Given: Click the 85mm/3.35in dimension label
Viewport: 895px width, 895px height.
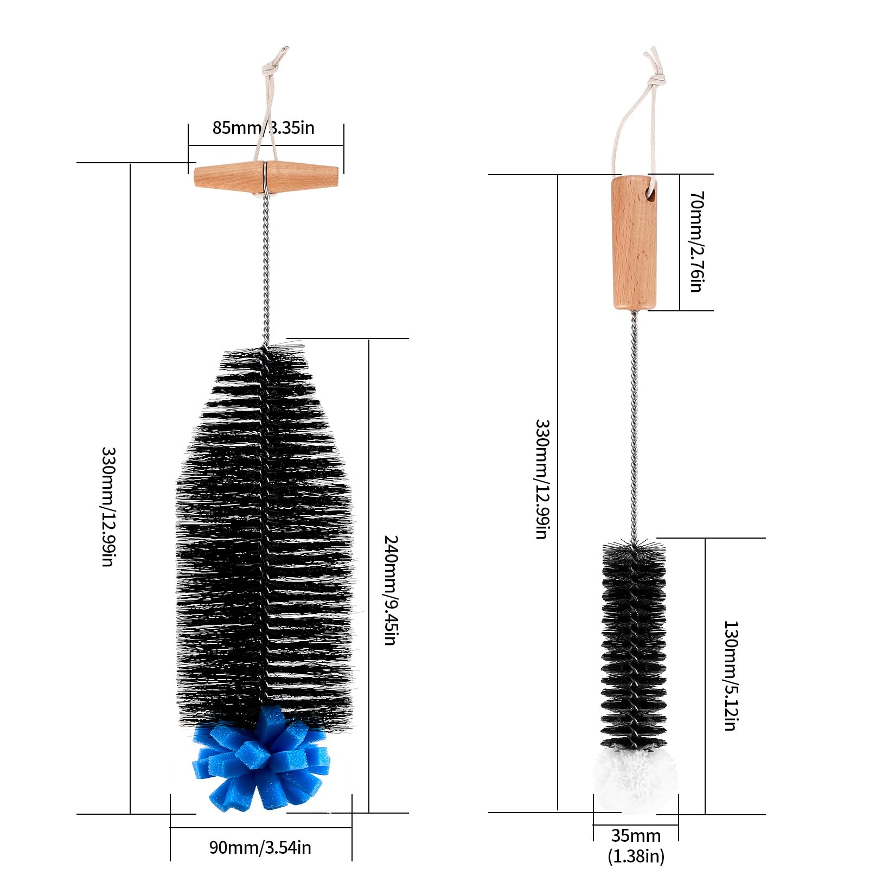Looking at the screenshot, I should click(263, 128).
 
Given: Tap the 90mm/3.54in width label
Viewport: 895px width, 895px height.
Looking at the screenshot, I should click(260, 847).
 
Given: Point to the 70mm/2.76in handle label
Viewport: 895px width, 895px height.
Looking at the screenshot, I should click(696, 241).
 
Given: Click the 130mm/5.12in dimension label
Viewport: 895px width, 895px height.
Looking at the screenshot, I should click(731, 676).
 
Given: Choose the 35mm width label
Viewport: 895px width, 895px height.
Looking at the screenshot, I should click(636, 835).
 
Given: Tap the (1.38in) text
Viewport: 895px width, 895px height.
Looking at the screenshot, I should click(636, 856).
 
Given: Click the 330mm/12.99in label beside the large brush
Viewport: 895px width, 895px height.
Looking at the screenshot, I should click(108, 507).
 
